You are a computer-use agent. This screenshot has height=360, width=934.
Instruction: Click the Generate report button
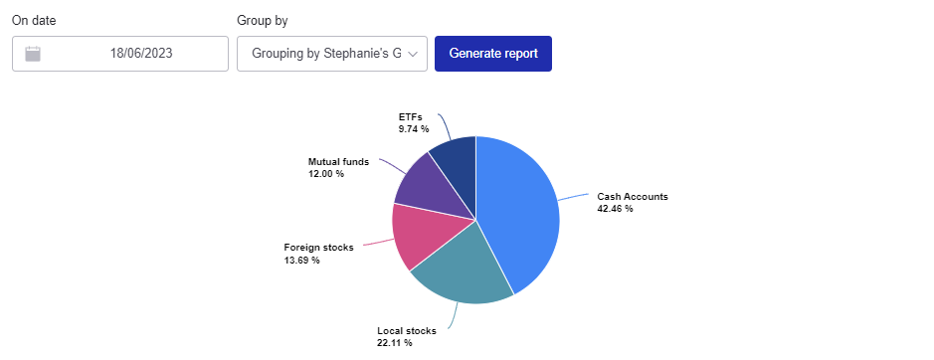click(x=492, y=54)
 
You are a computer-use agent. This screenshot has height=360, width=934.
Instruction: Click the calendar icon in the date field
click(x=33, y=54)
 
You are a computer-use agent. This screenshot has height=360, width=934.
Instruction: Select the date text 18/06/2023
click(x=141, y=54)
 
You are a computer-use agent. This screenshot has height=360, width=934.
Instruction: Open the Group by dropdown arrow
click(x=414, y=54)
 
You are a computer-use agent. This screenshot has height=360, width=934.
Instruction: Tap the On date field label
click(x=34, y=20)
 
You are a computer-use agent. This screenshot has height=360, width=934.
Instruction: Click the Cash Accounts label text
click(x=632, y=197)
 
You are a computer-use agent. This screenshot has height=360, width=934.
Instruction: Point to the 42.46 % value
click(x=615, y=209)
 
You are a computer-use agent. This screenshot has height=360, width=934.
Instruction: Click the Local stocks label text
click(x=408, y=331)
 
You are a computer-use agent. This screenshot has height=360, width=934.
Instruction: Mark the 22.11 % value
click(x=394, y=343)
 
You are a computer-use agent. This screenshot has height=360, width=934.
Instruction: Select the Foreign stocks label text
click(x=318, y=248)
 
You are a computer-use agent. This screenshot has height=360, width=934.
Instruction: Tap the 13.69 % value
click(x=301, y=261)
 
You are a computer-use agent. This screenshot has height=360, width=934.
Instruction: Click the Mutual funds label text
click(x=338, y=161)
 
